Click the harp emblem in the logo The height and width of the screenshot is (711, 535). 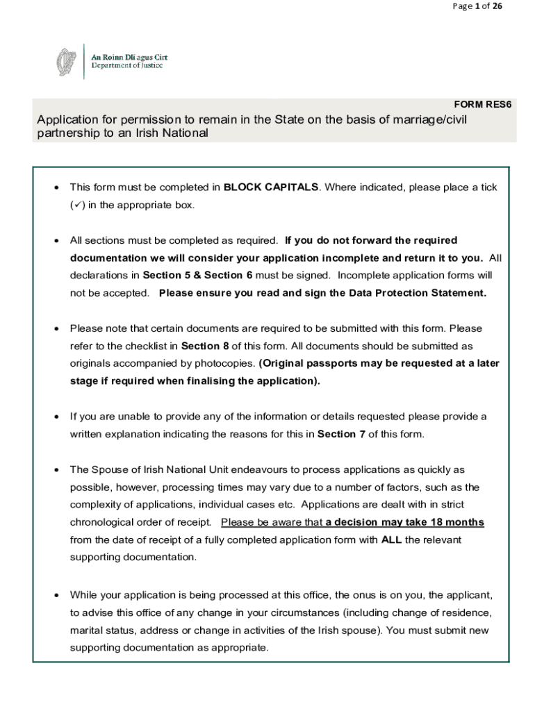tap(66, 62)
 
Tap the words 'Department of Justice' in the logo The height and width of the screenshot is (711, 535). tap(127, 66)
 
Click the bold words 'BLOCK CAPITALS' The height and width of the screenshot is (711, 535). tap(271, 187)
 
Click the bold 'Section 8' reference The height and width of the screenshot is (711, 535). tap(206, 346)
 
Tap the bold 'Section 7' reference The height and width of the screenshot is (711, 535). tap(341, 435)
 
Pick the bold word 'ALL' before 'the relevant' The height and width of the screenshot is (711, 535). tap(391, 539)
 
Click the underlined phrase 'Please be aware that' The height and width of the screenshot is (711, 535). tap(272, 522)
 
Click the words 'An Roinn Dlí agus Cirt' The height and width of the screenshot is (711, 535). tap(130, 57)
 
